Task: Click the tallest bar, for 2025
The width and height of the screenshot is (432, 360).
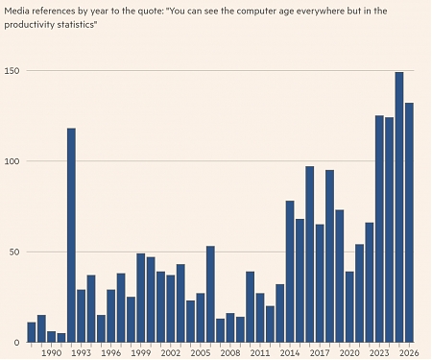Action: pyautogui.click(x=399, y=207)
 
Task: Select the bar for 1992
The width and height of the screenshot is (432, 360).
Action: pyautogui.click(x=71, y=235)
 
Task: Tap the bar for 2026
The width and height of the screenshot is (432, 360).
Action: pyautogui.click(x=409, y=223)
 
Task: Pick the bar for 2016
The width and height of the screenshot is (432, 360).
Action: pyautogui.click(x=310, y=254)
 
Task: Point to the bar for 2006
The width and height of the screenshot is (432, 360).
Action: pyautogui.click(x=210, y=294)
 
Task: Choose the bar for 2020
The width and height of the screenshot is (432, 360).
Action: pyautogui.click(x=349, y=307)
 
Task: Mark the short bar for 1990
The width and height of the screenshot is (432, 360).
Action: pyautogui.click(x=52, y=337)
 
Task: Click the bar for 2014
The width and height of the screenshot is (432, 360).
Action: pyautogui.click(x=290, y=272)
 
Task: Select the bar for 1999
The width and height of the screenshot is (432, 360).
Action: pyautogui.click(x=141, y=298)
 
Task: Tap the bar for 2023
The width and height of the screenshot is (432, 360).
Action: pyautogui.click(x=379, y=228)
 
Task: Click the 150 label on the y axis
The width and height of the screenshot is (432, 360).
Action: pyautogui.click(x=12, y=70)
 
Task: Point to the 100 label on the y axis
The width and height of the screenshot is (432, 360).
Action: pyautogui.click(x=12, y=161)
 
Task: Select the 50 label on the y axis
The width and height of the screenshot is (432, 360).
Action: pyautogui.click(x=14, y=252)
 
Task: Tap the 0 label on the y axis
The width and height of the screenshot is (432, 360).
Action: pyautogui.click(x=16, y=343)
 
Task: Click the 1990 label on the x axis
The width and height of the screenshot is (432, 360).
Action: pyautogui.click(x=52, y=352)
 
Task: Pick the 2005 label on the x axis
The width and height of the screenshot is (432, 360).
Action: pyautogui.click(x=201, y=352)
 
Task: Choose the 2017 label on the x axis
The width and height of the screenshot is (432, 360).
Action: pyautogui.click(x=320, y=352)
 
